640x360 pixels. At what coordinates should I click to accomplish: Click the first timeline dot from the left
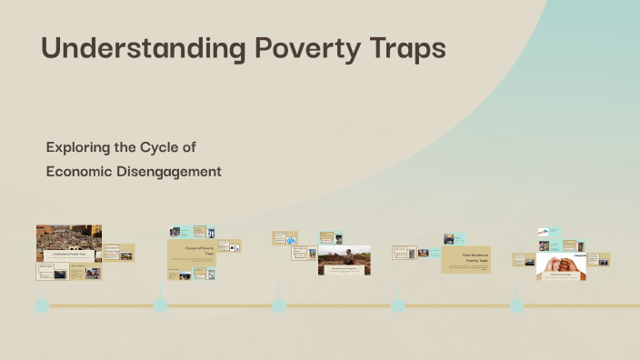(x=41, y=305)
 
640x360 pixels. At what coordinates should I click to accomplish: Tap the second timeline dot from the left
(x=161, y=305)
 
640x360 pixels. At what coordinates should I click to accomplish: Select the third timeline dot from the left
(x=279, y=305)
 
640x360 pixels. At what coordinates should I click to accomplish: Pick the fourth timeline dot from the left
(x=397, y=305)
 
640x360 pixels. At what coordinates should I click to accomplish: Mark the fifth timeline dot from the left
(x=516, y=305)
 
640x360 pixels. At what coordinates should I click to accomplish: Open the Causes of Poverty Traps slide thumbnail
(x=191, y=254)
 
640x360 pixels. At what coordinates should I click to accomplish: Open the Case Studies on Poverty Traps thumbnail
(x=466, y=259)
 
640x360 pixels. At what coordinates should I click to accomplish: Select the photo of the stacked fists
(x=561, y=264)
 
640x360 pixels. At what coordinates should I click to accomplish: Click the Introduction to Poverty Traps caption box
(x=69, y=256)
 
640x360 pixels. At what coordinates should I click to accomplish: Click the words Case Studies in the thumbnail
(x=465, y=255)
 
